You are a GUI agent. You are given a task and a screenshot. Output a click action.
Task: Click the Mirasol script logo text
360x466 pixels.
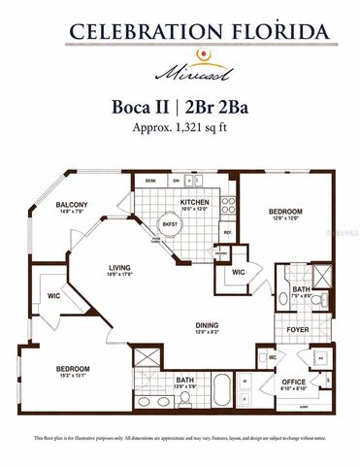pos(180,71)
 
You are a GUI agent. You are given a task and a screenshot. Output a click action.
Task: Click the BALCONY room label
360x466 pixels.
pos(72,204)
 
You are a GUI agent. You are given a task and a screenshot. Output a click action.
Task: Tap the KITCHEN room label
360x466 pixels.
pos(194,202)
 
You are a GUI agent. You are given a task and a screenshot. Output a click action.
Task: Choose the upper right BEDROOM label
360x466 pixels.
pos(285,212)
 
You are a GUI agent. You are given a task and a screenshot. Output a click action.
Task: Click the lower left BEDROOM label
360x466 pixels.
pos(72,369)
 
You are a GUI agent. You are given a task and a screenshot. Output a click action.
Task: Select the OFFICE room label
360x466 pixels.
pos(294,382)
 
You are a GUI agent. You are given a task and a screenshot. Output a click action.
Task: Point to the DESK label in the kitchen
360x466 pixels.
pos(150,181)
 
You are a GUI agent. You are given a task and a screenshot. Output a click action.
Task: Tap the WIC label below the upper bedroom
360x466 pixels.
pos(238,273)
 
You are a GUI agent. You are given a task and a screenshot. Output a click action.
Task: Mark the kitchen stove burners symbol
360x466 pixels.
pos(229,205)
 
